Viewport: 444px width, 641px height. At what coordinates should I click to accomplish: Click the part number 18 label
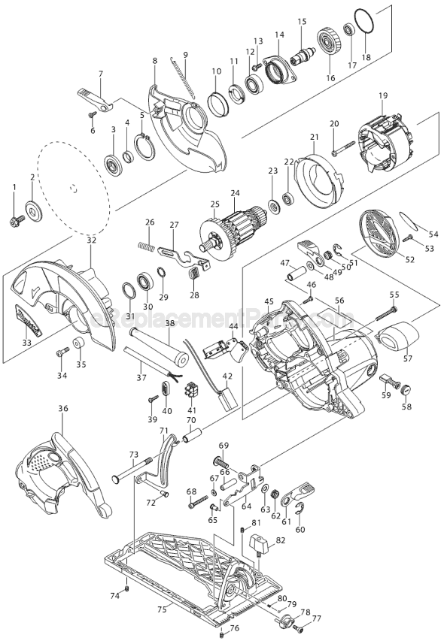tap(366, 57)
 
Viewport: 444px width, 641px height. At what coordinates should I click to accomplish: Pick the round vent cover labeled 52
tap(382, 230)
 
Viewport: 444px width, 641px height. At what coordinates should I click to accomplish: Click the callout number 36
tap(62, 409)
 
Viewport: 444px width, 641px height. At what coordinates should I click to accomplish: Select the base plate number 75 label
tap(162, 609)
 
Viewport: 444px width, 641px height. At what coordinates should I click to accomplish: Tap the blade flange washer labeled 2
tap(33, 207)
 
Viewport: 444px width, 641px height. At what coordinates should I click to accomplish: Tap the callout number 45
tap(269, 301)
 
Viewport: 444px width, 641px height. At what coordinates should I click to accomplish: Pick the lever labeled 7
tap(94, 98)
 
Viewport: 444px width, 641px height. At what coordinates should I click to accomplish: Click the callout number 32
tap(92, 240)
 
